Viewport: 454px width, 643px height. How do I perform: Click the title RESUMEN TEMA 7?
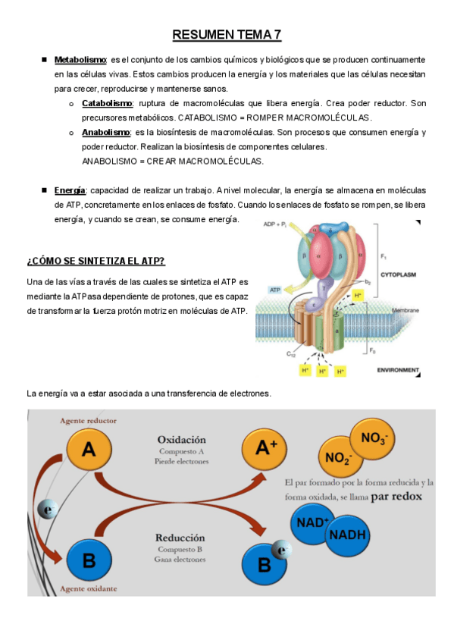click(x=227, y=35)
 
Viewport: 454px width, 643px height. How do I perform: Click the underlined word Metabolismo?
click(x=80, y=59)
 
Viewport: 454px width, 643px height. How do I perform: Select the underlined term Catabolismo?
click(x=107, y=103)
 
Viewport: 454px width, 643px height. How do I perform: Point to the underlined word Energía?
click(x=70, y=190)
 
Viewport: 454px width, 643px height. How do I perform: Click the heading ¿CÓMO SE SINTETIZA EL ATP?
click(x=96, y=261)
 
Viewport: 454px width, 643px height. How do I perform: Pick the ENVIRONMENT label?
click(x=398, y=370)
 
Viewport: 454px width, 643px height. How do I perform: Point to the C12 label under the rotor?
click(x=291, y=353)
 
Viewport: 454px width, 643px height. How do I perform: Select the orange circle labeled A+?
click(x=263, y=448)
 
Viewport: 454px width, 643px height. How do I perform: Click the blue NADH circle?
click(x=348, y=534)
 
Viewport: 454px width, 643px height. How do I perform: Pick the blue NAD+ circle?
click(x=312, y=522)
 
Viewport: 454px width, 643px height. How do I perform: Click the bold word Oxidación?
click(x=181, y=439)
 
